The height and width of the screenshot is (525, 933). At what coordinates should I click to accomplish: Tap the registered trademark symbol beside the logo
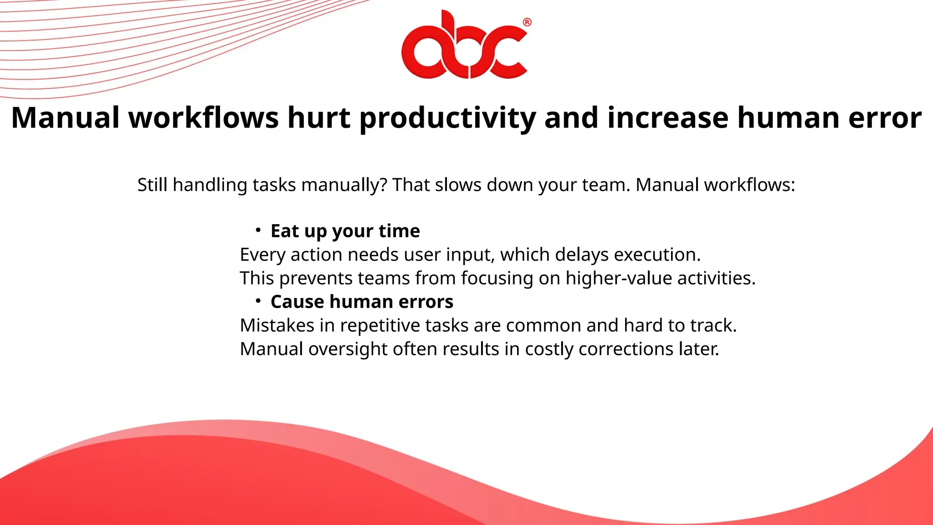(x=527, y=22)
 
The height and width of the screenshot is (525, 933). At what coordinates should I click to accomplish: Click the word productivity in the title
(x=447, y=118)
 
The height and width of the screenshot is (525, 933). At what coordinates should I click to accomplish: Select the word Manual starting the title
(x=65, y=118)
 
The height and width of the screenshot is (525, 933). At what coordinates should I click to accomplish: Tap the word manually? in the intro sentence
(x=344, y=185)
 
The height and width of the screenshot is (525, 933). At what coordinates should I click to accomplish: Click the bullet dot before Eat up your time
(x=258, y=230)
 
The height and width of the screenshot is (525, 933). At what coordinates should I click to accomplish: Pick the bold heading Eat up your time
(x=345, y=231)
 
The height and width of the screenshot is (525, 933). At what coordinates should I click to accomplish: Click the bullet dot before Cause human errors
(x=258, y=301)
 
